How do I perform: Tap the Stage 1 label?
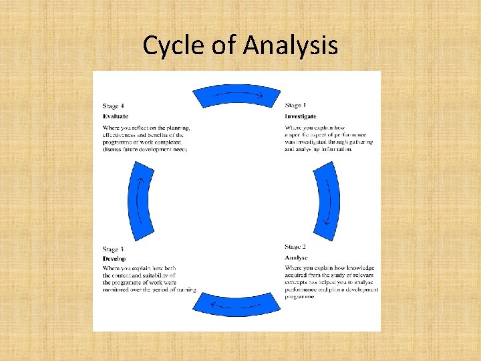pyautogui.click(x=295, y=106)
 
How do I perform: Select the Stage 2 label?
pyautogui.click(x=295, y=247)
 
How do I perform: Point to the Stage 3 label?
pyautogui.click(x=114, y=249)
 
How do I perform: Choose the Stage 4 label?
pyautogui.click(x=114, y=106)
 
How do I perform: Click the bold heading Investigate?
pyautogui.click(x=301, y=116)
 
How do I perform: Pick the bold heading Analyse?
pyautogui.click(x=296, y=257)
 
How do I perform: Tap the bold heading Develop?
pyautogui.click(x=114, y=259)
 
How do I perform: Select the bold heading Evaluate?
pyautogui.click(x=116, y=116)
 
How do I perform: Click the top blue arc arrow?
pyautogui.click(x=236, y=95)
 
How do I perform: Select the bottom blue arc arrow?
pyautogui.click(x=236, y=304)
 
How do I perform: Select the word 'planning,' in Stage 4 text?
pyautogui.click(x=177, y=128)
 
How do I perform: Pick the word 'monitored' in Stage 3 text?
pyautogui.click(x=117, y=289)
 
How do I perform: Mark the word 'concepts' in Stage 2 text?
pyautogui.click(x=297, y=283)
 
